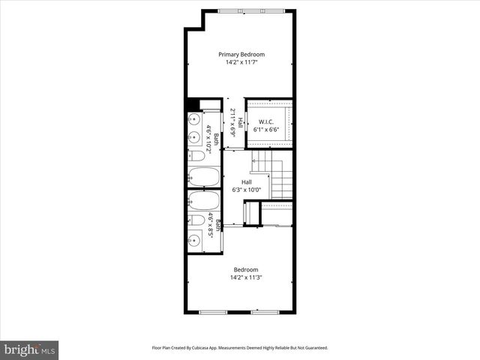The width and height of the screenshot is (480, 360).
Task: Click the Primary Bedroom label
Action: (241, 54)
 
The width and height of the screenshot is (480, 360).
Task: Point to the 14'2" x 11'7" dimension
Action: (241, 62)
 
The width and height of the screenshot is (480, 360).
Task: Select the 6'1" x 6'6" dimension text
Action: (268, 130)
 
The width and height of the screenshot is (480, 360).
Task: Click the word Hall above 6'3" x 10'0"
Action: (246, 182)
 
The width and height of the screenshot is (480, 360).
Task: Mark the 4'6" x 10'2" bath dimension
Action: (208, 139)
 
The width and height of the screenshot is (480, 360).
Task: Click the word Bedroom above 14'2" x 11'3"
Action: (246, 270)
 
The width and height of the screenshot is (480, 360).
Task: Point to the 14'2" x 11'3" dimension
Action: (246, 278)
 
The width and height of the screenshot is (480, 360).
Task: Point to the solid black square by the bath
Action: (192, 105)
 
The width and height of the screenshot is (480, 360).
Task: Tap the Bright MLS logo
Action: (30, 349)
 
